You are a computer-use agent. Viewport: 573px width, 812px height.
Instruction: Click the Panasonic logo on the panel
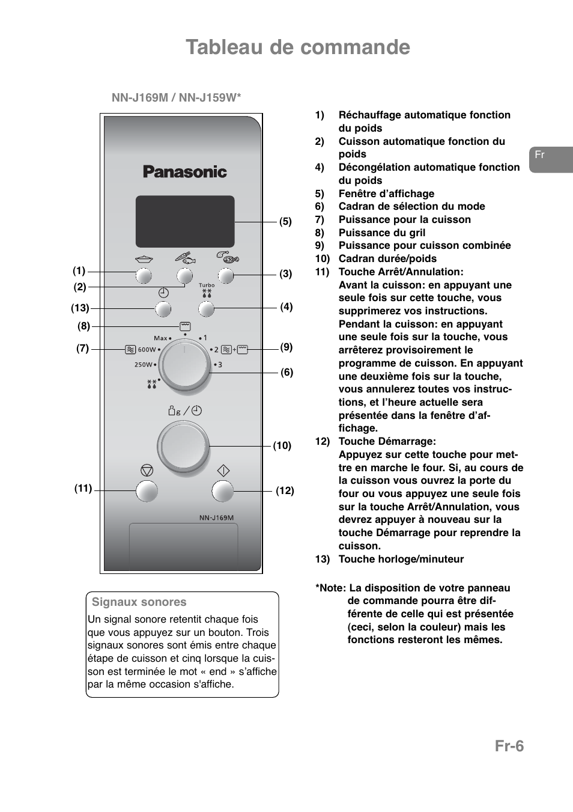coord(184,172)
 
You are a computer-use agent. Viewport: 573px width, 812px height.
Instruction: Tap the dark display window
coord(185,221)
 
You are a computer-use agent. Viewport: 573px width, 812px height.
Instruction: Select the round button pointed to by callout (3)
coord(225,276)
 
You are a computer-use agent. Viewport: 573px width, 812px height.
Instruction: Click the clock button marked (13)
coord(163,309)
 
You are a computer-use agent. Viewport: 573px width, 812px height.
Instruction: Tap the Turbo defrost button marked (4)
coord(206,309)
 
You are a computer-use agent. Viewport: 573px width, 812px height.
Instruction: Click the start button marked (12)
coord(222,491)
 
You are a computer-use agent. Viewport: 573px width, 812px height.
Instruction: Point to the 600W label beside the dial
coord(147,350)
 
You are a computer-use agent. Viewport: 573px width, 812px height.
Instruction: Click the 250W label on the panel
coord(143,365)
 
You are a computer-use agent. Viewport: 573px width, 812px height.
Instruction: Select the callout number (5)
coord(285,222)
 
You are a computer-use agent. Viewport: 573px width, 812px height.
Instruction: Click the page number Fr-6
coord(509,746)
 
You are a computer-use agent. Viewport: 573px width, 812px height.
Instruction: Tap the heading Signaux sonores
coord(139,602)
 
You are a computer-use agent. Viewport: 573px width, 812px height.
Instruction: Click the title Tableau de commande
coord(298,47)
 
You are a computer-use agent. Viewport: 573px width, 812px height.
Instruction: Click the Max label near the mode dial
coord(160,338)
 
